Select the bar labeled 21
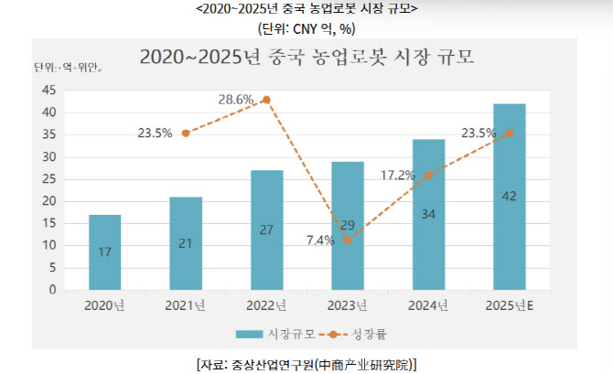coord(186,243)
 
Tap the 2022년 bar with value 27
coord(266,230)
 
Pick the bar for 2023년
coord(348,226)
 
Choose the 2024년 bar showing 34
coord(428,215)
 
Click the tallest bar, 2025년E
coord(510,197)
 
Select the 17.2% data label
coord(398,174)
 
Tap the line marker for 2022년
coord(266,100)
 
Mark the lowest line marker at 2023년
coord(348,241)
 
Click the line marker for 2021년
coord(186,133)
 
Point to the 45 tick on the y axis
coord(48,90)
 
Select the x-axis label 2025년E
coord(510,305)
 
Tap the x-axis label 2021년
coord(186,305)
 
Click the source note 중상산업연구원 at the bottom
coord(306,364)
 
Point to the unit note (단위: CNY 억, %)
coord(306,27)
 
